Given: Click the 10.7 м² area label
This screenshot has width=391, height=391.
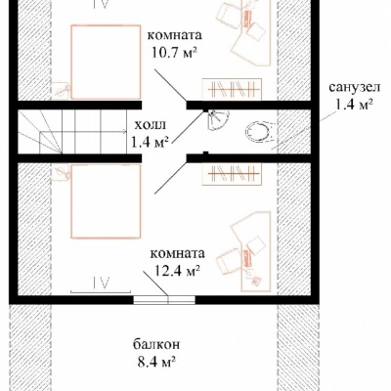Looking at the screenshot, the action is [x=175, y=52].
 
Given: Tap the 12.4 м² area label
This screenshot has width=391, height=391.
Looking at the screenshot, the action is [x=176, y=270].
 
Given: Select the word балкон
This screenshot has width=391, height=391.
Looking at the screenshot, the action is [x=156, y=344].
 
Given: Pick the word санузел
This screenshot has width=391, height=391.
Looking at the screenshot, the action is [x=354, y=87].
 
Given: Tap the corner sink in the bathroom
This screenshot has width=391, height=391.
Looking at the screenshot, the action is [x=218, y=120].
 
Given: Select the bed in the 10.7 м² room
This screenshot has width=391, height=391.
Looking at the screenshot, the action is [x=106, y=62].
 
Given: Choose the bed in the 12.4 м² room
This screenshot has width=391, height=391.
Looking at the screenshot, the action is [x=106, y=201].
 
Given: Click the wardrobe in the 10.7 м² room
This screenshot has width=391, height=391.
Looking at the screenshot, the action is [x=232, y=88].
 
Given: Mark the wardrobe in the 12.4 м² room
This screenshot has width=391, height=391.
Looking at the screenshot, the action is [x=232, y=173].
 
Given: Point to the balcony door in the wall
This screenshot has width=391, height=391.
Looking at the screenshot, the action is [x=164, y=300].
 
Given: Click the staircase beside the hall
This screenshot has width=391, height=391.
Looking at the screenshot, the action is [x=72, y=131].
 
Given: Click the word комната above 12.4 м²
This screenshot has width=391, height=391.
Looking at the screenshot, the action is [x=178, y=254].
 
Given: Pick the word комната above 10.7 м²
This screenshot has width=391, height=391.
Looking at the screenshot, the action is [x=175, y=35].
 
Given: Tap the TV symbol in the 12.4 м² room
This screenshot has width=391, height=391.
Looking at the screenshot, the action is [x=101, y=285].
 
